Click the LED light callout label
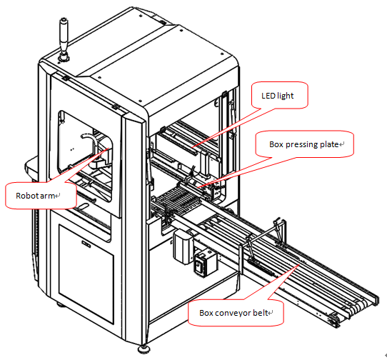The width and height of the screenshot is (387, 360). coord(278,96)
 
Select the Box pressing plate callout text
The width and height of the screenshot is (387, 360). coord(304,144)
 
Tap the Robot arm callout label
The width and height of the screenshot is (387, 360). coord(35,196)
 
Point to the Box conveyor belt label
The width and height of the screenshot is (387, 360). coord(233,313)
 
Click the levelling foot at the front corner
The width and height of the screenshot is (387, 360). coord(144,349)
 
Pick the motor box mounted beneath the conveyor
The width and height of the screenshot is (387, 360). coord(183,246)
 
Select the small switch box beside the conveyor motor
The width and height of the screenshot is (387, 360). coord(205,263)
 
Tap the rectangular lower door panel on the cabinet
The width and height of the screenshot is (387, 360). coord(86,274)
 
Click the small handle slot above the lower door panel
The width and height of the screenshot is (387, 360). coord(86,244)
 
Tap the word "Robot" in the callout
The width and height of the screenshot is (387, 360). coord(27,196)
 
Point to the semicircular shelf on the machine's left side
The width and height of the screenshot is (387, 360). coord(31,169)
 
